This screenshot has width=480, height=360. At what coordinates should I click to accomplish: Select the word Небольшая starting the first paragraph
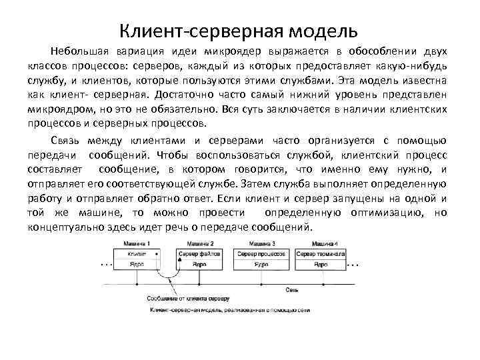[79, 51]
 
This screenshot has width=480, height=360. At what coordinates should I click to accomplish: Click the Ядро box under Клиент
[139, 265]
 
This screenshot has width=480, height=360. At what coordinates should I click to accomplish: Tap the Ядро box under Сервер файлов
[200, 265]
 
